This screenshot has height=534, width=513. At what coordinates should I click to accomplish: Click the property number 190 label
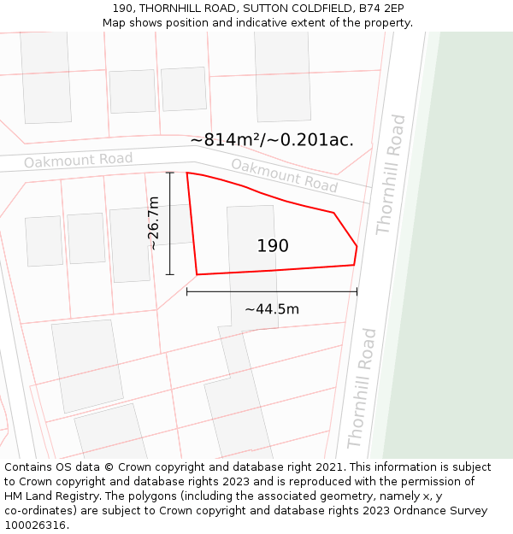[273, 246]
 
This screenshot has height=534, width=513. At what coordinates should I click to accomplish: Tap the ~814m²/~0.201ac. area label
[272, 140]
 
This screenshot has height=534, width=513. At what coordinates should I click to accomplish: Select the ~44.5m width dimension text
[272, 309]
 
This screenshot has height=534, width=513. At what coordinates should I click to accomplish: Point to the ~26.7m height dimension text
[153, 223]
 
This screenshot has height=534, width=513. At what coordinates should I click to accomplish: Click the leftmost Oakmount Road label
[78, 160]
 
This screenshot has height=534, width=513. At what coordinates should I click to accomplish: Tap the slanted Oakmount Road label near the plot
[284, 175]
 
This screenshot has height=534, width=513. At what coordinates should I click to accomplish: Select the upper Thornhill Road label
[392, 174]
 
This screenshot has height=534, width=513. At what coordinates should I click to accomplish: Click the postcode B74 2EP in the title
[384, 9]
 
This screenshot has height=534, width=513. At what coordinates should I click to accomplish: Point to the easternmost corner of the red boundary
[357, 247]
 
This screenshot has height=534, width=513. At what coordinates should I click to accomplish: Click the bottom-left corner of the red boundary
[197, 274]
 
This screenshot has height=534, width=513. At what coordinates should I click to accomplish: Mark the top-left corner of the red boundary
[187, 173]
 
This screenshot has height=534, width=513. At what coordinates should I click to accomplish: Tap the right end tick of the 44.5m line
[357, 291]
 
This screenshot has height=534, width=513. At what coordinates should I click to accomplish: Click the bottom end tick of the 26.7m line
[170, 274]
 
